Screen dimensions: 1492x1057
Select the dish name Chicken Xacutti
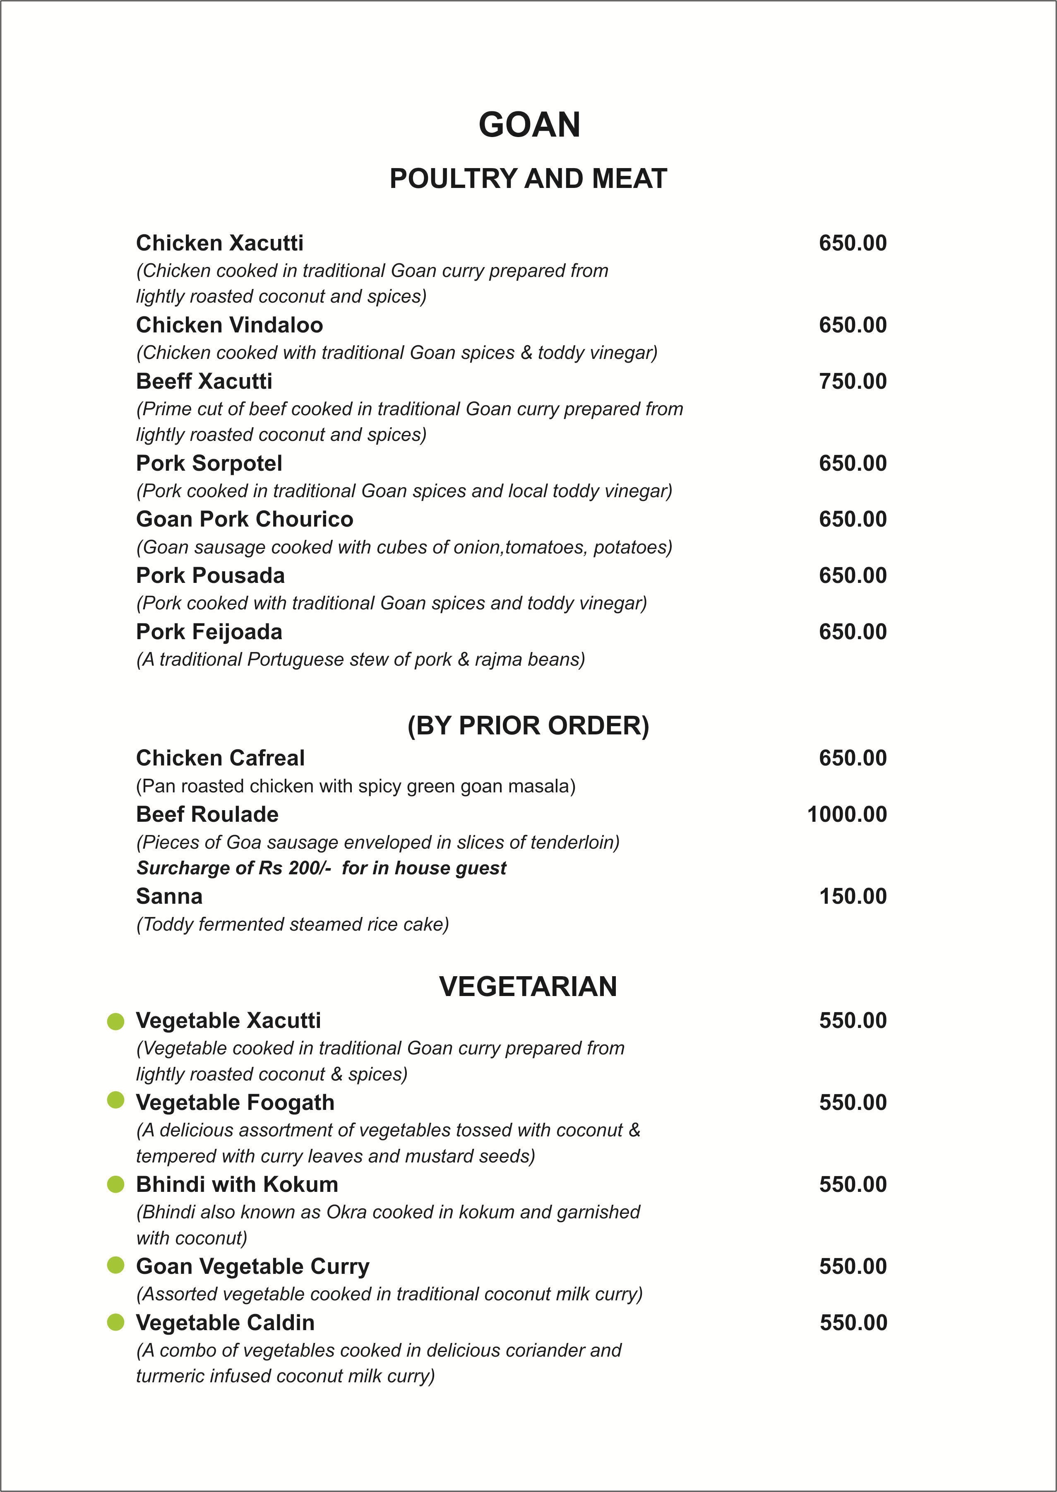[x=219, y=243]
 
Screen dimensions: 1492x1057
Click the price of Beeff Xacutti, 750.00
[x=852, y=381]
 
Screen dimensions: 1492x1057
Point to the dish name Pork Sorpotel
[x=209, y=463]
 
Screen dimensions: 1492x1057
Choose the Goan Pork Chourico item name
[x=244, y=519]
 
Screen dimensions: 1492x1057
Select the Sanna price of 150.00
[x=852, y=896]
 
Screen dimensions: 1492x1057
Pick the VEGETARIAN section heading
[x=528, y=986]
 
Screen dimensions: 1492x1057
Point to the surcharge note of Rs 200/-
[x=321, y=868]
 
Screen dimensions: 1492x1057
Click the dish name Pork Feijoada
[x=209, y=631]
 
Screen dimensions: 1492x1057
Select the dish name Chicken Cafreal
[x=220, y=758]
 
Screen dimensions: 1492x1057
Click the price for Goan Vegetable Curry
[x=852, y=1266]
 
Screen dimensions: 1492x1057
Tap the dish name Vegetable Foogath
[x=235, y=1102]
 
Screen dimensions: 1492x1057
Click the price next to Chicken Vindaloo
[x=852, y=325]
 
